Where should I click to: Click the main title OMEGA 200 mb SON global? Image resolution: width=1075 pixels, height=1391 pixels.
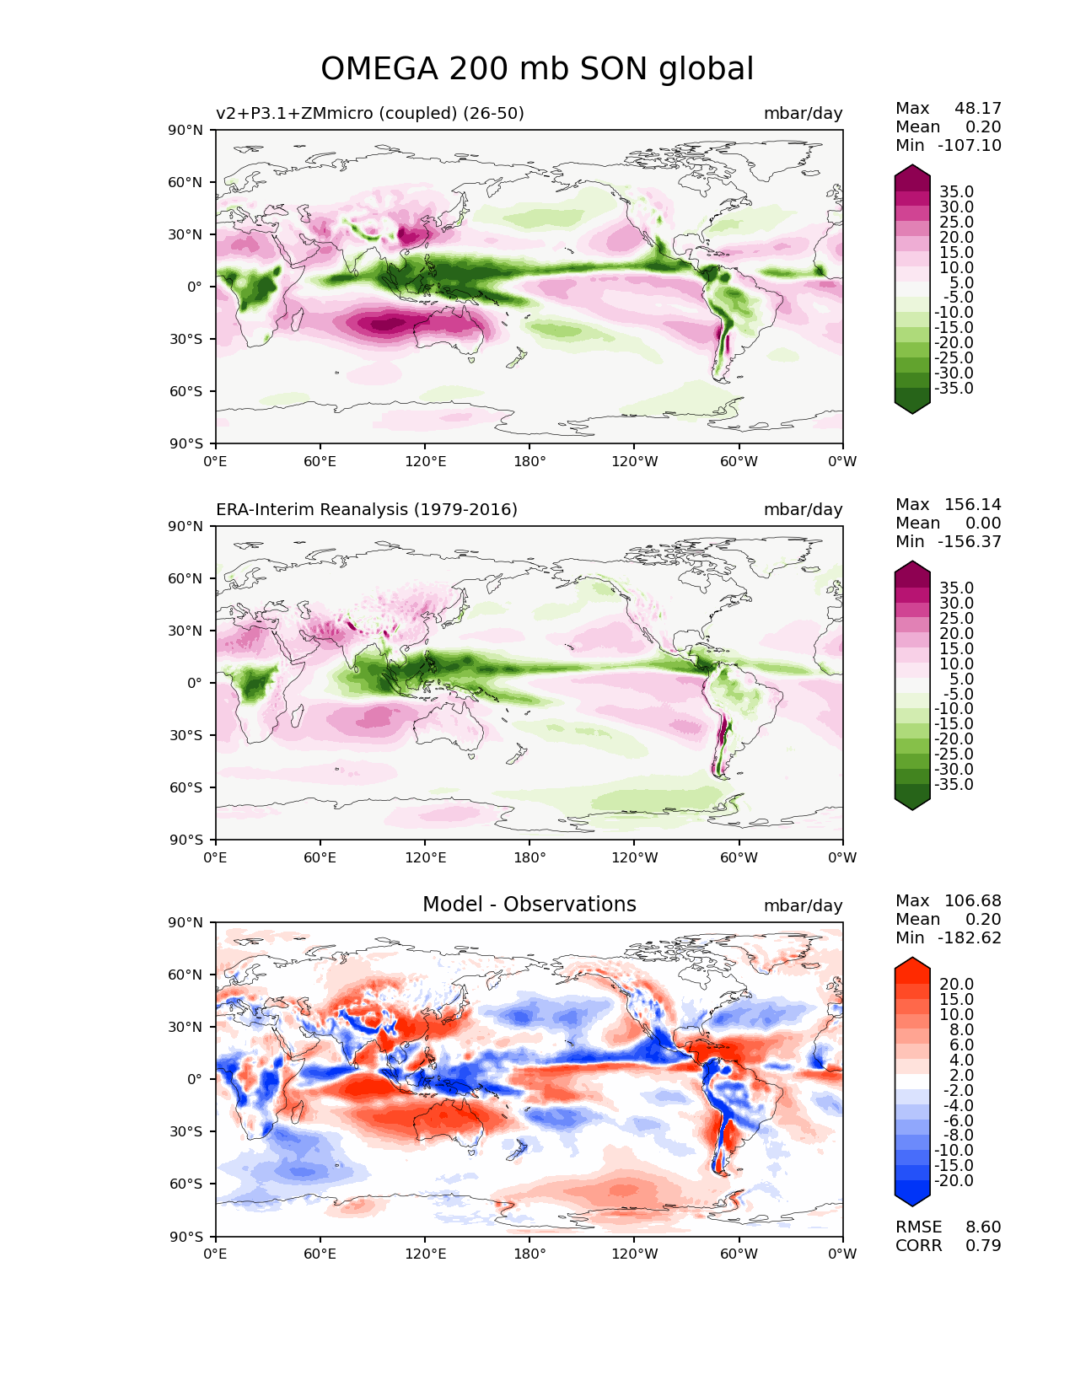[x=536, y=68]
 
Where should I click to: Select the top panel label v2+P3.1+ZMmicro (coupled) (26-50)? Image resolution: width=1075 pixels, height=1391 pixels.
[x=369, y=113]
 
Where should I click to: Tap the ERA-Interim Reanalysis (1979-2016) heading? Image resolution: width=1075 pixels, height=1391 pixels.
[x=366, y=509]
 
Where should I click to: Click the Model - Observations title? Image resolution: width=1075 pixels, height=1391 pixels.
[x=529, y=904]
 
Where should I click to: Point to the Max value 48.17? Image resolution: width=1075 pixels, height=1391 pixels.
[x=977, y=108]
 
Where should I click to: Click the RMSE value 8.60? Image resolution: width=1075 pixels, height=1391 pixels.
[x=983, y=1227]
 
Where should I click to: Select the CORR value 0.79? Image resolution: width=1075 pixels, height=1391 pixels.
[x=983, y=1245]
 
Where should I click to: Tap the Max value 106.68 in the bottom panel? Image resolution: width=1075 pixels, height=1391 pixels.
[x=972, y=900]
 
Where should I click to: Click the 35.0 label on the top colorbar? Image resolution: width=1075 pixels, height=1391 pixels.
[x=956, y=191]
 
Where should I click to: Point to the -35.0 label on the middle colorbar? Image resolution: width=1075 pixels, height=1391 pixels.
[x=954, y=784]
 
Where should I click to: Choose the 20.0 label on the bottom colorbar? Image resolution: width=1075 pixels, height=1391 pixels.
[x=956, y=984]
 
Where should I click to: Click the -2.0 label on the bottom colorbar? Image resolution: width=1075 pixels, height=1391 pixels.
[x=958, y=1090]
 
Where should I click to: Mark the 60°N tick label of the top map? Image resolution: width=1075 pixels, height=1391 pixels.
[x=185, y=182]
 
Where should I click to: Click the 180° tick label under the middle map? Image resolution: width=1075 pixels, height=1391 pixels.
[x=529, y=857]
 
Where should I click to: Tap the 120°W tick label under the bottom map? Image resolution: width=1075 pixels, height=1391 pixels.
[x=635, y=1254]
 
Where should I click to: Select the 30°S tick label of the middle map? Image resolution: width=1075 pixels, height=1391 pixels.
[x=185, y=735]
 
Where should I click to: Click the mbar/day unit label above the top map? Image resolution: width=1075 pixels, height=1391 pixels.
[x=803, y=113]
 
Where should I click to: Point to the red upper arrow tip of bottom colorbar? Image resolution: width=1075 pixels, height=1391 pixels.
[x=911, y=958]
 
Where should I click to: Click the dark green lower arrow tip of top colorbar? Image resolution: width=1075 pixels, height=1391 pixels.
[x=911, y=414]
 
